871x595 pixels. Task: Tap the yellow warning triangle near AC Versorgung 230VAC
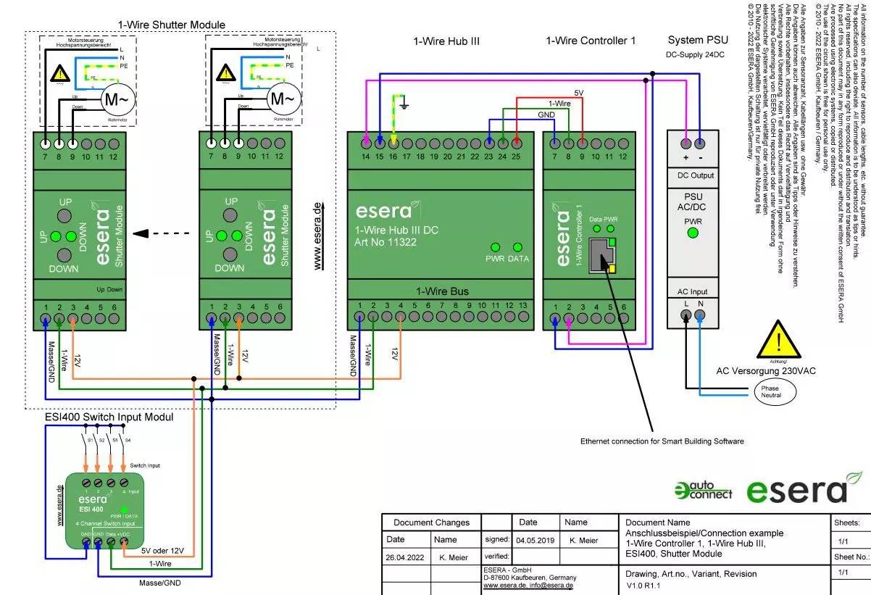[778, 341]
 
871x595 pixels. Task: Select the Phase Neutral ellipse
[771, 393]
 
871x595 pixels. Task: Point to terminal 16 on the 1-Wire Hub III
[393, 143]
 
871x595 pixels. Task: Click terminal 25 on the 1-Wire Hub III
[516, 143]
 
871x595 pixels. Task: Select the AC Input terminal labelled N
[700, 315]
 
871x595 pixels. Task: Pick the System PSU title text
[698, 40]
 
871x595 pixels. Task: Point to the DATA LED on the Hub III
[497, 247]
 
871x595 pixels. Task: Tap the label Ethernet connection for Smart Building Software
[662, 441]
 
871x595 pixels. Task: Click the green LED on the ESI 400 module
[124, 510]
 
